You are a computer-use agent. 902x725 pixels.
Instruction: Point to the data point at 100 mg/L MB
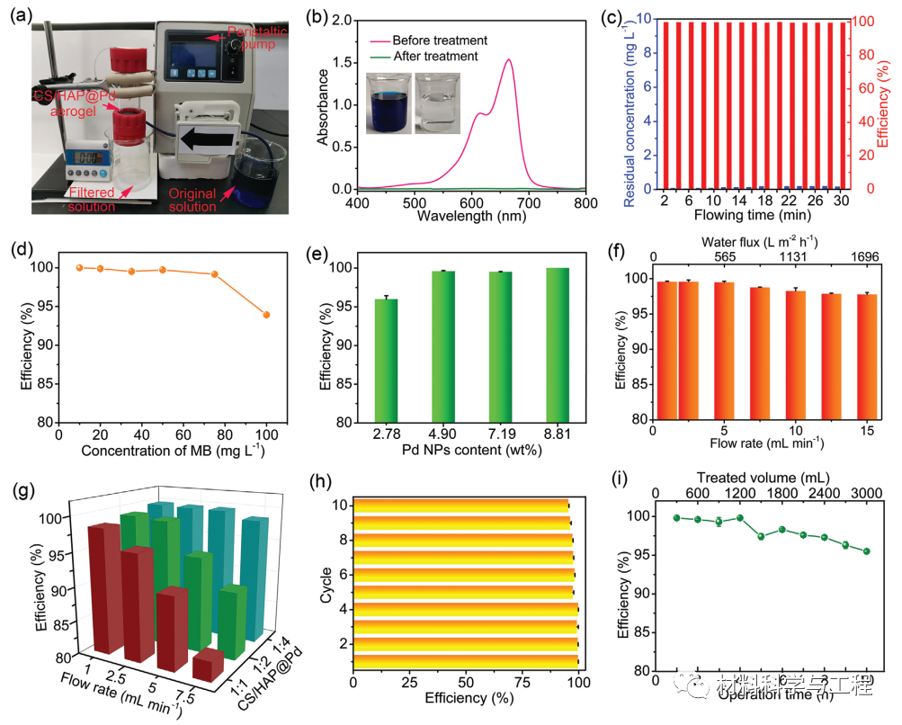266,314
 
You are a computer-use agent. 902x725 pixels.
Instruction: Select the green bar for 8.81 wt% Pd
558,345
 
